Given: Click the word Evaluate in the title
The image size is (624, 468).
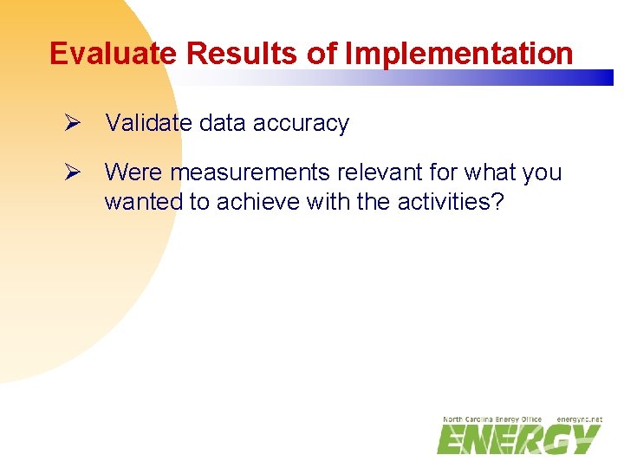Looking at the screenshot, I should (x=114, y=54).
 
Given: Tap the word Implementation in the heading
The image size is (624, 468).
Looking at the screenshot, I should (x=458, y=54).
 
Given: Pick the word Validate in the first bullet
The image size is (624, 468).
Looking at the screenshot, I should (x=148, y=124).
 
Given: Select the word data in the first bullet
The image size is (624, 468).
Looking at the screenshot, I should (x=220, y=124).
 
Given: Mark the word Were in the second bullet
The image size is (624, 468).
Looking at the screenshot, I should (x=133, y=173).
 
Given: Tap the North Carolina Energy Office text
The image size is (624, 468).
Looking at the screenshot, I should (x=492, y=419).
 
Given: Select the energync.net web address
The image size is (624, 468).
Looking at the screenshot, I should (x=579, y=419).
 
